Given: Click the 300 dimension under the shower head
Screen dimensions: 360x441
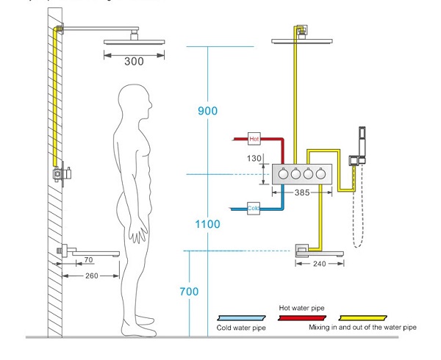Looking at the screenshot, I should [134, 61].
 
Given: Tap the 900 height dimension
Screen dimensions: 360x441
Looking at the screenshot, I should [208, 111].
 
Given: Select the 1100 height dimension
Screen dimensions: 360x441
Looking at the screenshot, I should [208, 223].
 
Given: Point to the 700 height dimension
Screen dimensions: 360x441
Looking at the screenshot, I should [190, 291].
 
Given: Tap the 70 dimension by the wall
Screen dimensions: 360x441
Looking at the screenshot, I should [88, 259].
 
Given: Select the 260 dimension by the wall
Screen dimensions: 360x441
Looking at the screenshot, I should [91, 276].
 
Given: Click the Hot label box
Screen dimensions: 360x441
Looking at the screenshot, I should [254, 138].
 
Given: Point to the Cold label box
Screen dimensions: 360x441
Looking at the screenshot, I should [254, 207].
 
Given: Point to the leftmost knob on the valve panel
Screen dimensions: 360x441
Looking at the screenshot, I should [283, 175].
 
